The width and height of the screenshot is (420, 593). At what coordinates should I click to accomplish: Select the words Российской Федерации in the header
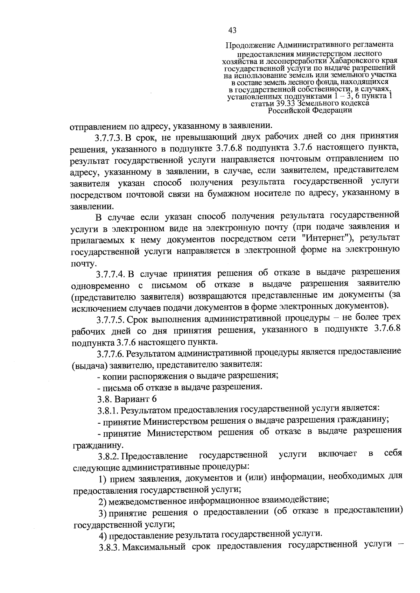pyautogui.click(x=310, y=111)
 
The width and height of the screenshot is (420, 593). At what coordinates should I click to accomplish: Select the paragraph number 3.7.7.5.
pyautogui.click(x=110, y=320)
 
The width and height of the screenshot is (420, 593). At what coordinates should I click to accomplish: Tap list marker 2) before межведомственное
pyautogui.click(x=102, y=502)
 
